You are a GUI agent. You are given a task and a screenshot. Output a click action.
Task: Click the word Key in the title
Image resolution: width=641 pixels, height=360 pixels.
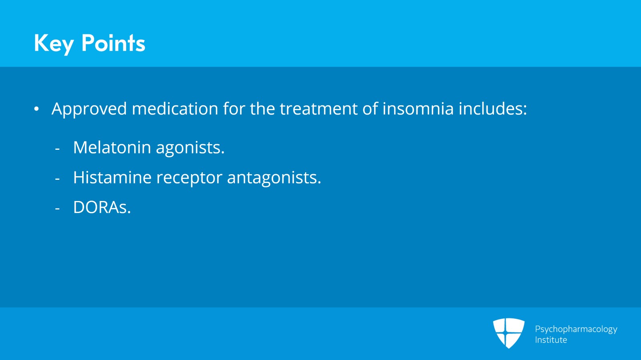54,44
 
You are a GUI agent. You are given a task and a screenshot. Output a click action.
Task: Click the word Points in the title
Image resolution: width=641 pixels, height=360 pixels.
113,43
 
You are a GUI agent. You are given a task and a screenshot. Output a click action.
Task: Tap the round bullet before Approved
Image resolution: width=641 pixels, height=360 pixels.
36,109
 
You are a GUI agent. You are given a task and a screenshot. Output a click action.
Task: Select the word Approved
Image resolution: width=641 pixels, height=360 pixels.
89,109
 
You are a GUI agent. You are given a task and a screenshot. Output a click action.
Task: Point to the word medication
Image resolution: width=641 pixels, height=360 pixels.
175,109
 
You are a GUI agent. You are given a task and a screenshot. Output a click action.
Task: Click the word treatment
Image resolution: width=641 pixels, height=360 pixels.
318,109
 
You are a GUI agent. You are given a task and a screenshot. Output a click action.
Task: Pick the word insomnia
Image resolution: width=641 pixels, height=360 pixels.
418,109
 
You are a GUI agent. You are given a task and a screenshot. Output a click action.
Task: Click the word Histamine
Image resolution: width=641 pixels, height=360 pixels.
112,177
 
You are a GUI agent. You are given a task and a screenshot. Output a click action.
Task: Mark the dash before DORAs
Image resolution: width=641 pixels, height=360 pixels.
57,209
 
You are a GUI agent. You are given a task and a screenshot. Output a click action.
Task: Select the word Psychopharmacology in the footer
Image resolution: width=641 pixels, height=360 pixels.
576,330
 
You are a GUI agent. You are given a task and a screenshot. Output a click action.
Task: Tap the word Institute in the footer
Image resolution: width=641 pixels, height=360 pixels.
551,340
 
